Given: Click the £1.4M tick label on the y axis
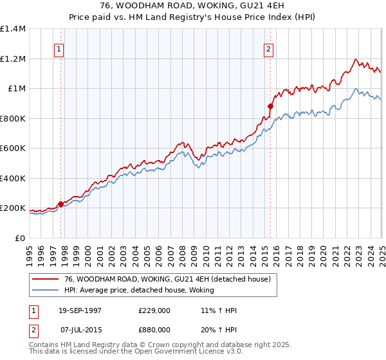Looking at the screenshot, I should coord(13,29).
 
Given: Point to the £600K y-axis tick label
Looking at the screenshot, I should coord(13,148).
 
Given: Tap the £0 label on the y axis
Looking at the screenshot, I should coord(19,238).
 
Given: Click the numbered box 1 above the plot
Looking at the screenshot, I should coord(59,48).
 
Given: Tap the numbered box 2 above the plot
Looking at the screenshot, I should coord(268,48).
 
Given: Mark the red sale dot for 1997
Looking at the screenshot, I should coord(61,204).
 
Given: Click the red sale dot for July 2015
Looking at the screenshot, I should coord(271,107).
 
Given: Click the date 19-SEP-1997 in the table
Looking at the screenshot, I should coord(80,310).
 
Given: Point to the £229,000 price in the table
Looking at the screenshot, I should coord(154,310).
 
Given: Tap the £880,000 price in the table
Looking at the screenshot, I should coord(154,328).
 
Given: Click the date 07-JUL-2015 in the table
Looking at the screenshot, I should coord(80,328).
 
